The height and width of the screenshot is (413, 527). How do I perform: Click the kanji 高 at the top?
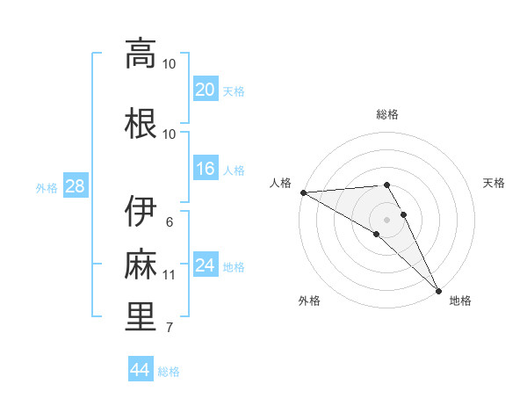141,53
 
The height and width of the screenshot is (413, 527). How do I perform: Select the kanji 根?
141,122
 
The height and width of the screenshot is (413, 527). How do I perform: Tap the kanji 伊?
141,211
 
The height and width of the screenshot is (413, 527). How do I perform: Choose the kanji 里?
141,316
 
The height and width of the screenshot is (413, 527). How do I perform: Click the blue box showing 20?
206,90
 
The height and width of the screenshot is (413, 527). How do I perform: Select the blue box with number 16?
206,169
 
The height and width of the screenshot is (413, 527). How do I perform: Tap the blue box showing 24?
206,265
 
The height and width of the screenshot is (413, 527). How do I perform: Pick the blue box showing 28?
75,186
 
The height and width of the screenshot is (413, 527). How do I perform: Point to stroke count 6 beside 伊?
170,222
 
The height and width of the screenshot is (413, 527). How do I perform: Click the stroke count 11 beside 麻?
170,275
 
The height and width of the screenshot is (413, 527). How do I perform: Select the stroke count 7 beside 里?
170,329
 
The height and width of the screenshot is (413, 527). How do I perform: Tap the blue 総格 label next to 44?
169,372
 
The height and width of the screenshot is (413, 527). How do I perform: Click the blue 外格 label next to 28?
47,187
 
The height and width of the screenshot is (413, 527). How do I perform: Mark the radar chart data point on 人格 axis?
303,192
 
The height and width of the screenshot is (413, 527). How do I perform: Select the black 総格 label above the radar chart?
387,115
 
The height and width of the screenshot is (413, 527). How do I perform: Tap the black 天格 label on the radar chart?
494,183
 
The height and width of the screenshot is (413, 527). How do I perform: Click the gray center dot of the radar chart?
386,219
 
